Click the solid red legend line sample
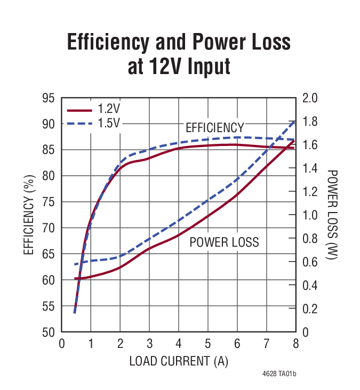point(79,110)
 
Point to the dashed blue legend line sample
point(79,124)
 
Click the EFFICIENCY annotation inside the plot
point(214,128)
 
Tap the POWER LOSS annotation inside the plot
point(224,242)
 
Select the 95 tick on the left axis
point(49,98)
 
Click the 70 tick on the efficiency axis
point(49,228)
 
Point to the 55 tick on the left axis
point(49,306)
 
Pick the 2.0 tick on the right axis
point(310,98)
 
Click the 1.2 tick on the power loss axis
point(310,192)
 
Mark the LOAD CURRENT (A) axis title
point(178,361)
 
